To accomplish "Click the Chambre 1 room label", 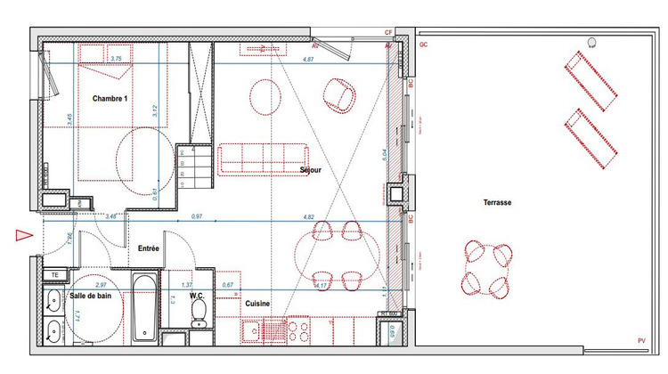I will (x=111, y=99).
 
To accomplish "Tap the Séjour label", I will (x=311, y=169).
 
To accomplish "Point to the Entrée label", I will (x=148, y=248).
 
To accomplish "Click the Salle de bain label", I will (x=89, y=296).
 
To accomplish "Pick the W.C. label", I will (x=199, y=295).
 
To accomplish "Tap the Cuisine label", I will (x=258, y=304).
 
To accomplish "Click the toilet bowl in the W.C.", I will (x=200, y=312).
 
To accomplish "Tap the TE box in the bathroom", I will (x=54, y=275).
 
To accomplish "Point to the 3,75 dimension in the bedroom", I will (x=115, y=59).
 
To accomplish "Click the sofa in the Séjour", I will (x=264, y=158).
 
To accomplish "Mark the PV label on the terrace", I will (x=641, y=341).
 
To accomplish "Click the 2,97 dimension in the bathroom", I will (x=100, y=284).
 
